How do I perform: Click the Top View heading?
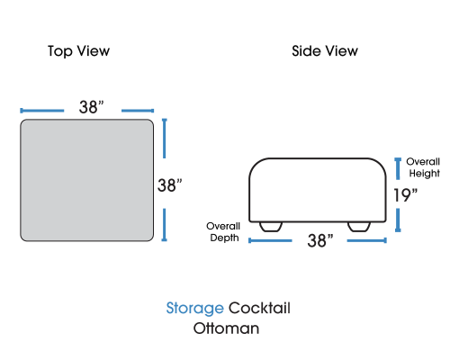[x=78, y=51]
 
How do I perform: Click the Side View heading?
[x=325, y=51]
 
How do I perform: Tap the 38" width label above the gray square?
[x=92, y=107]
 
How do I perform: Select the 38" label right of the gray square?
[x=170, y=185]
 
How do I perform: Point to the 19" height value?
[x=405, y=195]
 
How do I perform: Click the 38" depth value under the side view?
[x=320, y=240]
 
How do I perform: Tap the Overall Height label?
[x=423, y=167]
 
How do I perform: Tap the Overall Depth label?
[x=223, y=232]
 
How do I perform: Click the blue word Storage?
[x=195, y=308]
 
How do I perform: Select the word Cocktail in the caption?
[x=259, y=308]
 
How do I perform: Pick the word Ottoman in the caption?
[x=226, y=328]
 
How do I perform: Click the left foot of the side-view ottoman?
[x=271, y=227]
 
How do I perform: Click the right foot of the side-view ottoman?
[x=359, y=227]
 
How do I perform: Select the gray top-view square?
[x=87, y=180]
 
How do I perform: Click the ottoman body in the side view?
[x=318, y=190]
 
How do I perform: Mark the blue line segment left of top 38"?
[x=42, y=111]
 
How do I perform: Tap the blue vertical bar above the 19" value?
[x=398, y=168]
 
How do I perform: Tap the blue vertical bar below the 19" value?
[x=398, y=220]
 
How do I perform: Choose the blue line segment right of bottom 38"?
[x=367, y=240]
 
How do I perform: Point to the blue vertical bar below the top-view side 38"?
[x=164, y=225]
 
